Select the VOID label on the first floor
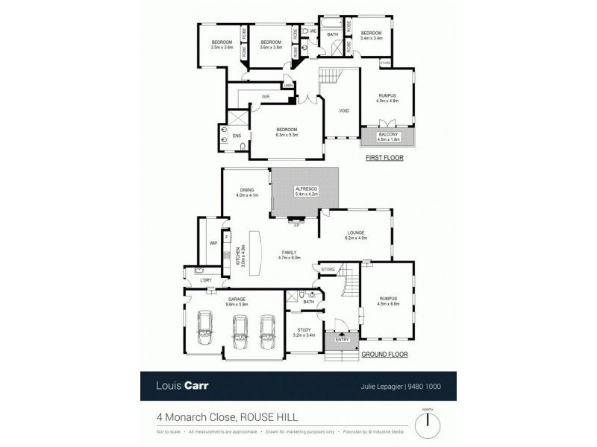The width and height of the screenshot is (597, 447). point(343,110)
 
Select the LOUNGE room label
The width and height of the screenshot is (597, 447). point(354,233)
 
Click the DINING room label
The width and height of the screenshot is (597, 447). point(247,191)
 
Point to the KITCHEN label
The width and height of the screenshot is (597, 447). point(238,258)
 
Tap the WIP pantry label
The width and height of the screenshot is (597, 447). point(213,244)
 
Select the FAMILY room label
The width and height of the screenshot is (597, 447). point(289,253)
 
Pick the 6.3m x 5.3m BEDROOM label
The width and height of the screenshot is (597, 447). point(287,131)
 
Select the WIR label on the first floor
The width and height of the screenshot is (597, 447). point(265,98)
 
